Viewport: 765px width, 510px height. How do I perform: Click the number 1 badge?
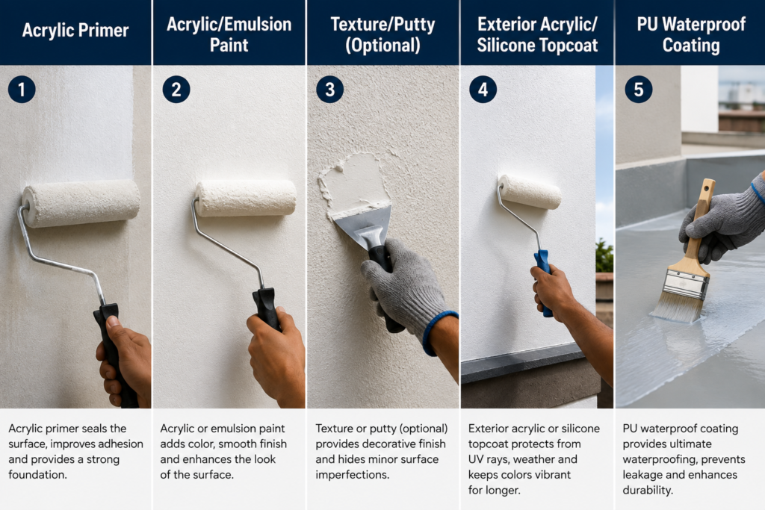pyautogui.click(x=22, y=89)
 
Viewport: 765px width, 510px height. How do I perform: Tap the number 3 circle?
pyautogui.click(x=329, y=89)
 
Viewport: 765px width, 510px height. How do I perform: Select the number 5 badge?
pyautogui.click(x=638, y=89)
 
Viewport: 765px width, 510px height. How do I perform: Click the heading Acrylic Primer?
pyautogui.click(x=75, y=31)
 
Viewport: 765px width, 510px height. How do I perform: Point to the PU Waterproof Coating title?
pyautogui.click(x=691, y=34)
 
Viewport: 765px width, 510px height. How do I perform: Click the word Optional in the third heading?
pyautogui.click(x=383, y=46)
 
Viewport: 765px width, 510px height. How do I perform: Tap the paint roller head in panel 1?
pyautogui.click(x=81, y=203)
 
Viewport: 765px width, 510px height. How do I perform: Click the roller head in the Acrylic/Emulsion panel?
pyautogui.click(x=246, y=198)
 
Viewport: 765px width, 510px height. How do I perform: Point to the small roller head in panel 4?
pyautogui.click(x=530, y=192)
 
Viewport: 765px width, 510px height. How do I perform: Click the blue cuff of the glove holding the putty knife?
pyautogui.click(x=437, y=332)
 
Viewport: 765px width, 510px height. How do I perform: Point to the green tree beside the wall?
pyautogui.click(x=604, y=255)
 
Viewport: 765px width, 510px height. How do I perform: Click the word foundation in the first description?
pyautogui.click(x=37, y=474)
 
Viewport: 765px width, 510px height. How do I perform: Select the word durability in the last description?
pyautogui.click(x=648, y=490)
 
